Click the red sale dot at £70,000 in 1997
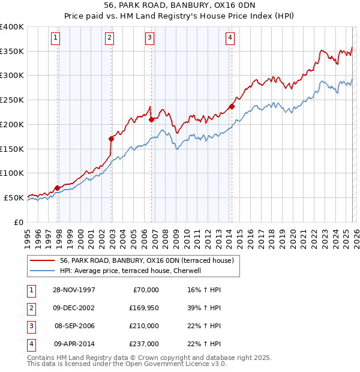58,188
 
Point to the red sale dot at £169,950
112,139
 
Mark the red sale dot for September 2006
151,119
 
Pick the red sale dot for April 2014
232,106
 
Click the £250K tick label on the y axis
12,100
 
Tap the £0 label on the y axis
18,221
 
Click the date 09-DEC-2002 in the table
74,308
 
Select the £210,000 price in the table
144,326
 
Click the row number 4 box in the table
30,344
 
